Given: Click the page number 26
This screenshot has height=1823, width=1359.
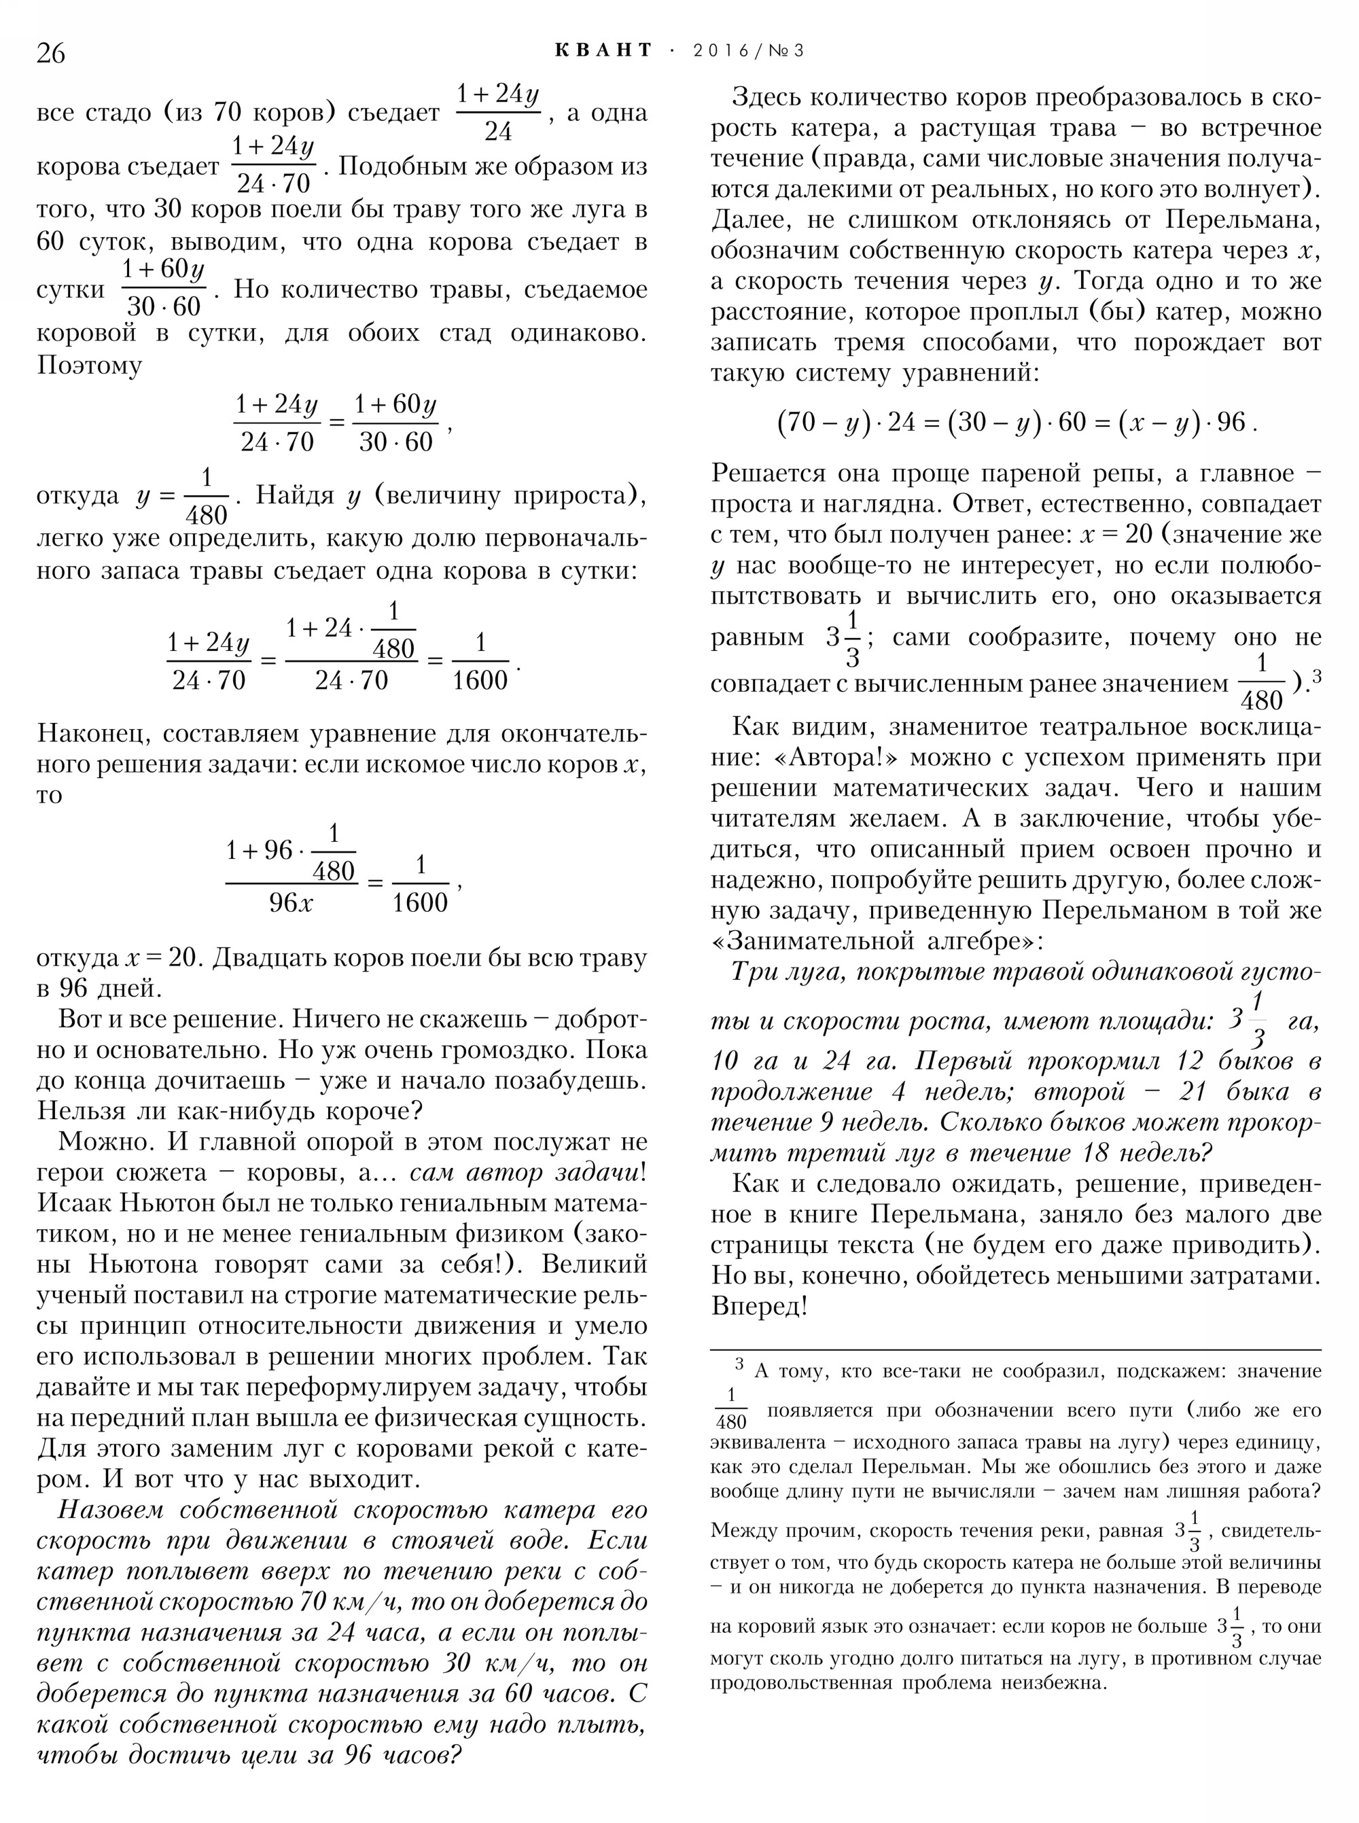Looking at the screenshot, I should tap(50, 52).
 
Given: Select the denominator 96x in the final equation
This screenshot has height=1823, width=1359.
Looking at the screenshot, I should tap(290, 903).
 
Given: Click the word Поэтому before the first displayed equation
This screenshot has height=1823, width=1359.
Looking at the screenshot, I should tap(89, 364).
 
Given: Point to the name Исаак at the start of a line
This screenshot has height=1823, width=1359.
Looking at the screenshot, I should tap(75, 1203).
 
